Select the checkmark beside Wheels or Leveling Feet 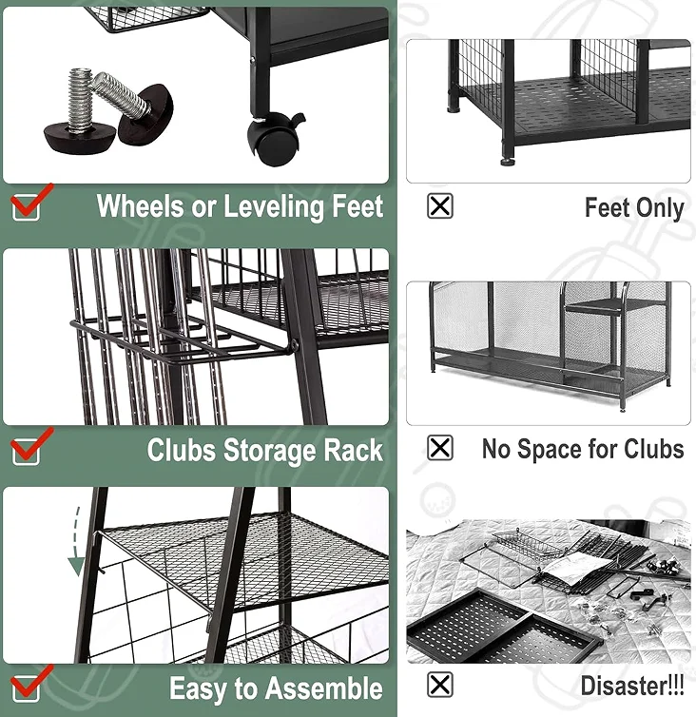[29, 202]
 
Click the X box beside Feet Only [440, 205]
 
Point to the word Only [659, 207]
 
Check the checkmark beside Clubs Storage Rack [29, 445]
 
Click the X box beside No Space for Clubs [440, 448]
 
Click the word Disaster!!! [632, 685]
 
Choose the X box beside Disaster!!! [440, 684]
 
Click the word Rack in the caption [351, 450]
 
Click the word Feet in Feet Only [607, 207]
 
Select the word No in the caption [496, 449]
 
